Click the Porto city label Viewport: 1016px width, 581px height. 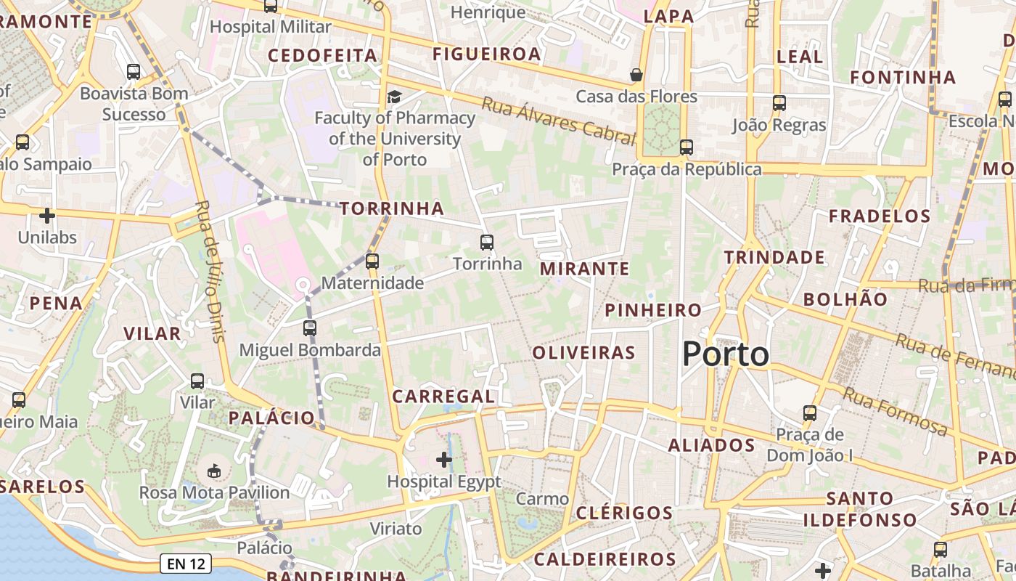click(x=726, y=354)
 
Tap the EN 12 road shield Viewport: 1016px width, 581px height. click(x=185, y=563)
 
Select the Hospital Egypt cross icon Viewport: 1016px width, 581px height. click(x=444, y=459)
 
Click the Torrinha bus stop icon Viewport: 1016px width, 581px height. click(x=487, y=242)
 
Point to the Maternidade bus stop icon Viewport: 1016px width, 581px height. click(x=372, y=261)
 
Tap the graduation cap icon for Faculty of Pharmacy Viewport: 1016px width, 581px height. click(x=394, y=97)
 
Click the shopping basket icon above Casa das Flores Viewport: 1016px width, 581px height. click(x=636, y=75)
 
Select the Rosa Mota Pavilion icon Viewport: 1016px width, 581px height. click(x=214, y=471)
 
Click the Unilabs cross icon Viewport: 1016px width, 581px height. click(x=47, y=216)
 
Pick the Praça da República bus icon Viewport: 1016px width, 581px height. click(x=687, y=147)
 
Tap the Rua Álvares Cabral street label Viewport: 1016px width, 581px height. click(x=558, y=119)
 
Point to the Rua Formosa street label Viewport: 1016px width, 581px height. click(x=896, y=411)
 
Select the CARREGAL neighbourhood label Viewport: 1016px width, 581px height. click(x=443, y=397)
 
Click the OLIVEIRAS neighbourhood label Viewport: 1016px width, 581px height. click(x=584, y=353)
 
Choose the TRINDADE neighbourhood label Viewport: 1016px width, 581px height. click(x=774, y=257)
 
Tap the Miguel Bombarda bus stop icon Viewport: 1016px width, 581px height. click(x=310, y=328)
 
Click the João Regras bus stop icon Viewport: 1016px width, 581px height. click(x=779, y=103)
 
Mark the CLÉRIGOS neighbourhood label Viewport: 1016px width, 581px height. click(x=625, y=513)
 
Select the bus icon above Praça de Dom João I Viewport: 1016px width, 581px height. click(x=810, y=413)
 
